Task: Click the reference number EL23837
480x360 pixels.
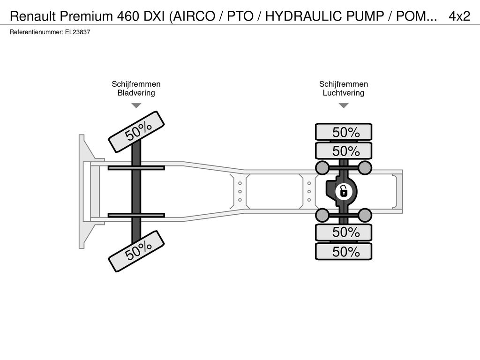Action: pyautogui.click(x=77, y=32)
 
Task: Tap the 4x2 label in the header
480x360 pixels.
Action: pyautogui.click(x=459, y=16)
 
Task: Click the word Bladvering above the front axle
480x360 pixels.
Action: pyautogui.click(x=136, y=93)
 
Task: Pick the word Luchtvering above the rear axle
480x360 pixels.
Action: pyautogui.click(x=344, y=93)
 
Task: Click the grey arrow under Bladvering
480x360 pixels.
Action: pyautogui.click(x=136, y=105)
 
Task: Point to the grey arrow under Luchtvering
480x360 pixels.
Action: pyautogui.click(x=344, y=105)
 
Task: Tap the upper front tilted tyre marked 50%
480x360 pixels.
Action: pyautogui.click(x=136, y=132)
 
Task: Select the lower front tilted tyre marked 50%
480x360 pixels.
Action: pyautogui.click(x=136, y=251)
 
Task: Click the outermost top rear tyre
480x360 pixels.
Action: pyautogui.click(x=344, y=132)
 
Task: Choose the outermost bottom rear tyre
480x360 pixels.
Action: pyautogui.click(x=344, y=252)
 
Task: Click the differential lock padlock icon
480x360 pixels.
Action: pyautogui.click(x=344, y=192)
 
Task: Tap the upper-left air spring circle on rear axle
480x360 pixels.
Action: pyautogui.click(x=322, y=167)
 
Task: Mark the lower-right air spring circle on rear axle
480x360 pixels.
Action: pyautogui.click(x=365, y=215)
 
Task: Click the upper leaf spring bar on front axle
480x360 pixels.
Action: pyautogui.click(x=136, y=168)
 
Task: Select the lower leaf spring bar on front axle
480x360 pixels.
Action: pyautogui.click(x=136, y=215)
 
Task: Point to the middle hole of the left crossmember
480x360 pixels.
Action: pyautogui.click(x=240, y=192)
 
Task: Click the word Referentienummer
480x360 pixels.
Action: pyautogui.click(x=37, y=32)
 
